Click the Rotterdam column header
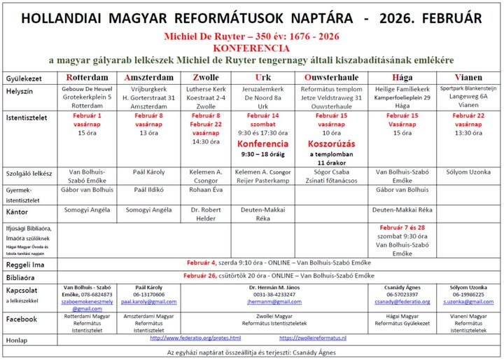[87, 77]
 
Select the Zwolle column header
[205, 77]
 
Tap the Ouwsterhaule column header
[332, 77]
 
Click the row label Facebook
[22, 319]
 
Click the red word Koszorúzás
[332, 144]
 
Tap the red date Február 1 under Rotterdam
[87, 116]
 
